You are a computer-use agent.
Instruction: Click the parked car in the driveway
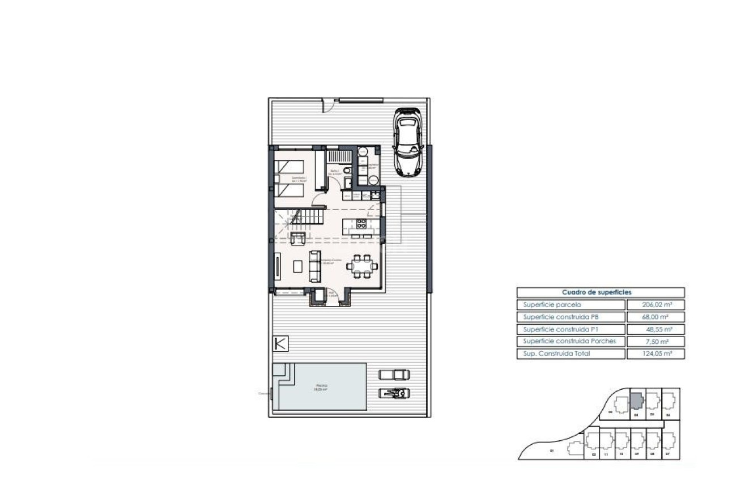pyautogui.click(x=407, y=141)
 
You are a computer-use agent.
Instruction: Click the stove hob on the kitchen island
pyautogui.click(x=361, y=223)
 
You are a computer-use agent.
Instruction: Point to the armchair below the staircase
pyautogui.click(x=298, y=238)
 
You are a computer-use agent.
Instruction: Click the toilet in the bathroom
pyautogui.click(x=347, y=170)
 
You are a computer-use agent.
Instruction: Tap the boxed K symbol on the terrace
pyautogui.click(x=280, y=343)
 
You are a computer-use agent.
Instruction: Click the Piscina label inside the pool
pyautogui.click(x=321, y=386)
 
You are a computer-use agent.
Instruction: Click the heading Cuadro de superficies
pyautogui.click(x=600, y=292)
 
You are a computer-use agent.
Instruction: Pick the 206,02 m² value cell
pyautogui.click(x=655, y=305)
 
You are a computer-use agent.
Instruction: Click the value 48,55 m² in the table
pyautogui.click(x=655, y=329)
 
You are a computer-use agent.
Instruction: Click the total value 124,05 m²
pyautogui.click(x=655, y=354)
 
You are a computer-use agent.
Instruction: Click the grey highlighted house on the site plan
pyautogui.click(x=637, y=401)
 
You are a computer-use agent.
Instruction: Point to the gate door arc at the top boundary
pyautogui.click(x=328, y=105)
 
